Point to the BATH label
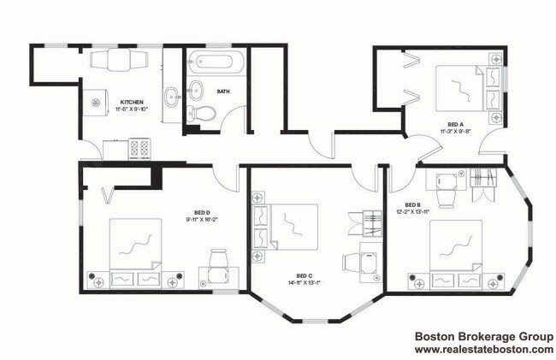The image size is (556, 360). point(223,91)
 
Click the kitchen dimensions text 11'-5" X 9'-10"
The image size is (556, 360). point(133,109)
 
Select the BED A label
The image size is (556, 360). point(457,124)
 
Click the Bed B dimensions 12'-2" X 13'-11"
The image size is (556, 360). point(414,211)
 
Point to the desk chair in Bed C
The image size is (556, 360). point(352,261)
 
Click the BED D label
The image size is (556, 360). point(201,211)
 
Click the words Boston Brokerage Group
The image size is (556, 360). point(483,337)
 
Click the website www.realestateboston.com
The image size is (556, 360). point(483,350)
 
